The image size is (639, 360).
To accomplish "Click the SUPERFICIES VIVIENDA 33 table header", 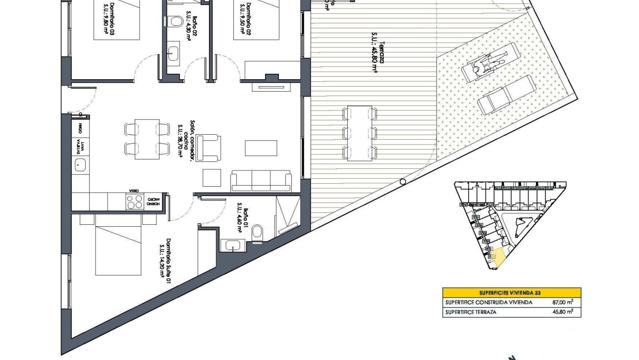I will point(512,293).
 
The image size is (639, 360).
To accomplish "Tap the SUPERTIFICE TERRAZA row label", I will point(470,312).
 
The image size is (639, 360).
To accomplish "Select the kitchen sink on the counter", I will point(80,165).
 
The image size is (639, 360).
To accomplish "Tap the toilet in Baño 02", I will point(173,21).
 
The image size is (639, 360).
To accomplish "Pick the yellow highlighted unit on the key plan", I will point(501,257).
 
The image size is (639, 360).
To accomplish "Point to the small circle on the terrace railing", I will point(403,182).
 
